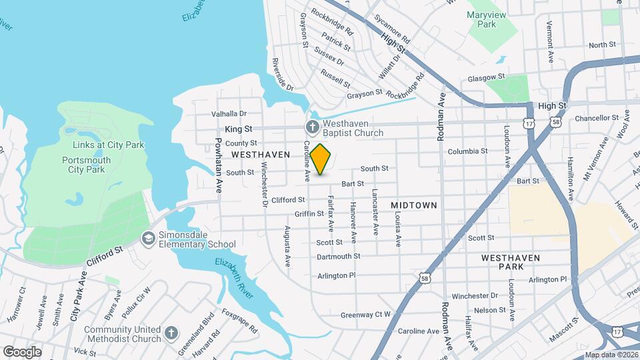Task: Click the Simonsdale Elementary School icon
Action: (148, 239)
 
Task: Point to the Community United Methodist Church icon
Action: (171, 333)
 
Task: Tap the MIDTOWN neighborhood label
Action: (413, 205)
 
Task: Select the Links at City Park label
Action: (107, 145)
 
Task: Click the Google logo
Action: (22, 351)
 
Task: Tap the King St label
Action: (238, 127)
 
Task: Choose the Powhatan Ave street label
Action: (218, 165)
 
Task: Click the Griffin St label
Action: (309, 214)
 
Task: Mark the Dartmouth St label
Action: (338, 256)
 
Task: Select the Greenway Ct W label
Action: (365, 315)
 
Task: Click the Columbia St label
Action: (467, 151)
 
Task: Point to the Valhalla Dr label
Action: (229, 114)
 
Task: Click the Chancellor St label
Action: (597, 118)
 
